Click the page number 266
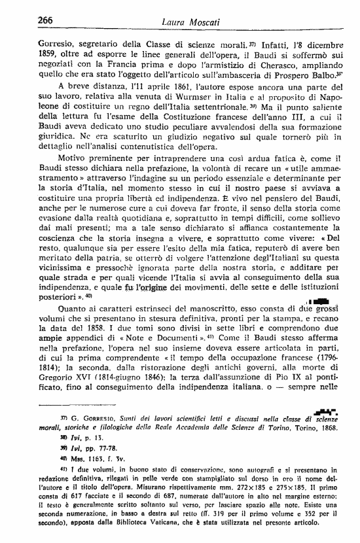(28, 20)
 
